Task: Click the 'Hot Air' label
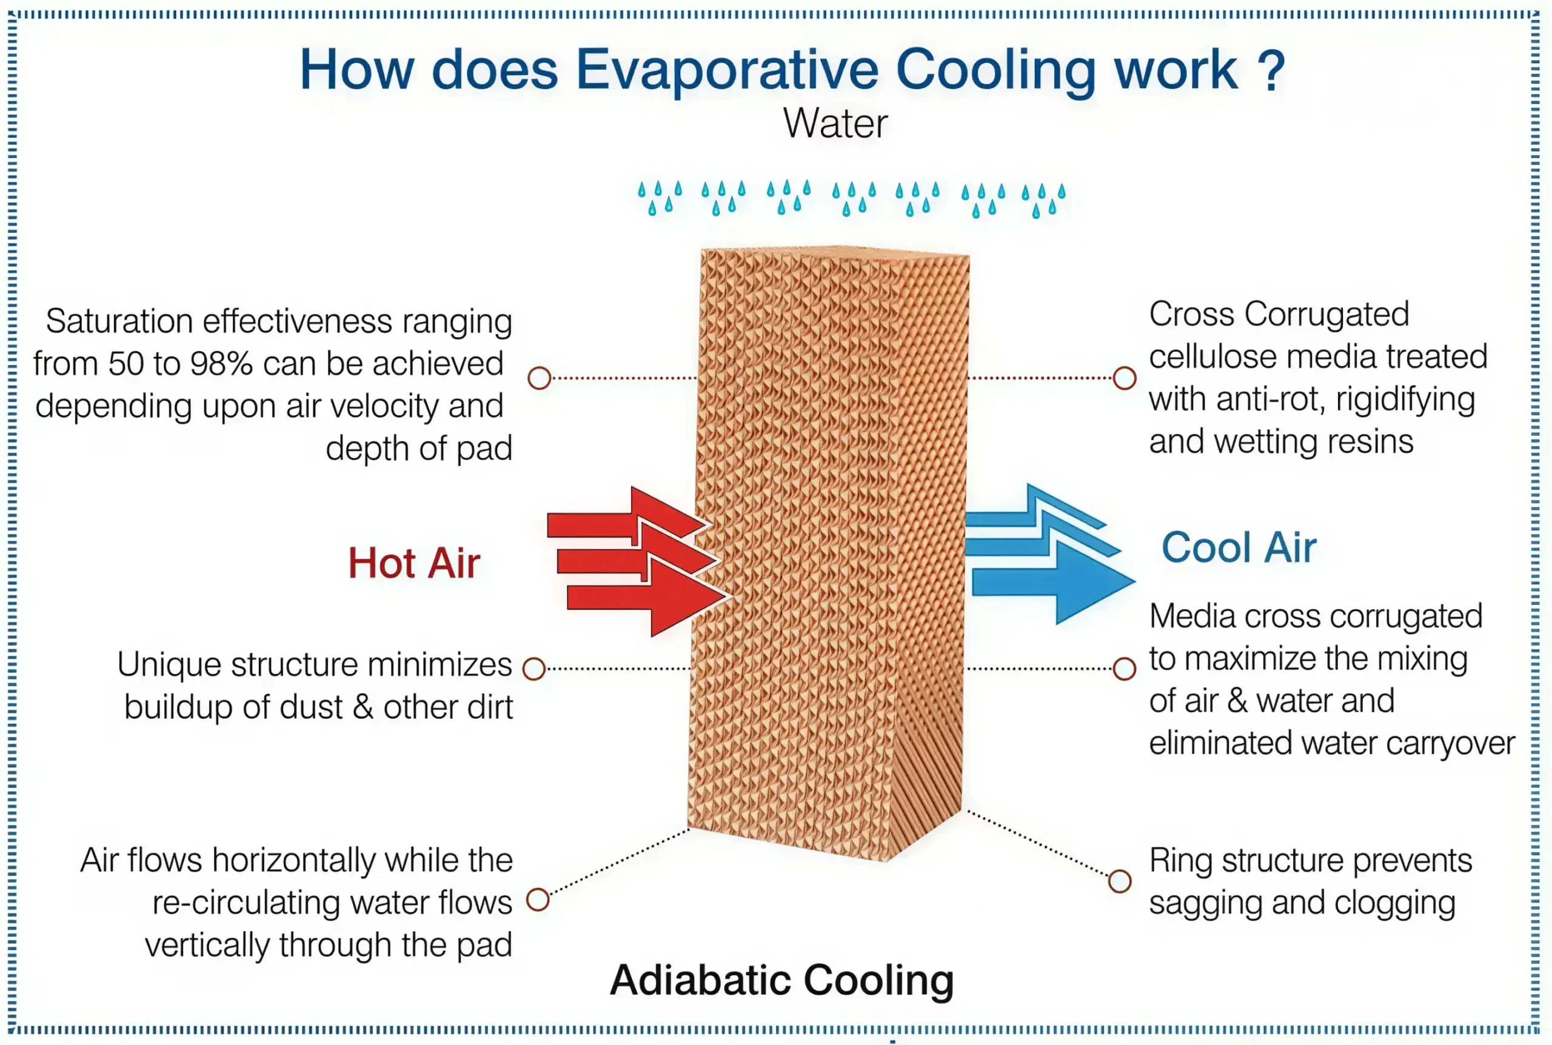click(x=414, y=563)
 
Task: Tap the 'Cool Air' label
click(x=1239, y=548)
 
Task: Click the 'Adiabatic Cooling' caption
click(x=781, y=980)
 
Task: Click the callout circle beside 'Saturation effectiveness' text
click(x=539, y=378)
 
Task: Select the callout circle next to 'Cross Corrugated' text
click(x=1125, y=378)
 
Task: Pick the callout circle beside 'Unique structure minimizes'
click(x=533, y=669)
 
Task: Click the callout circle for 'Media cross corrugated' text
click(x=1125, y=669)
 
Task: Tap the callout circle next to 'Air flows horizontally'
click(x=538, y=900)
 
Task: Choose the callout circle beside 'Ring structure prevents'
click(x=1120, y=881)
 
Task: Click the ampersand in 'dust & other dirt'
click(x=363, y=707)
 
